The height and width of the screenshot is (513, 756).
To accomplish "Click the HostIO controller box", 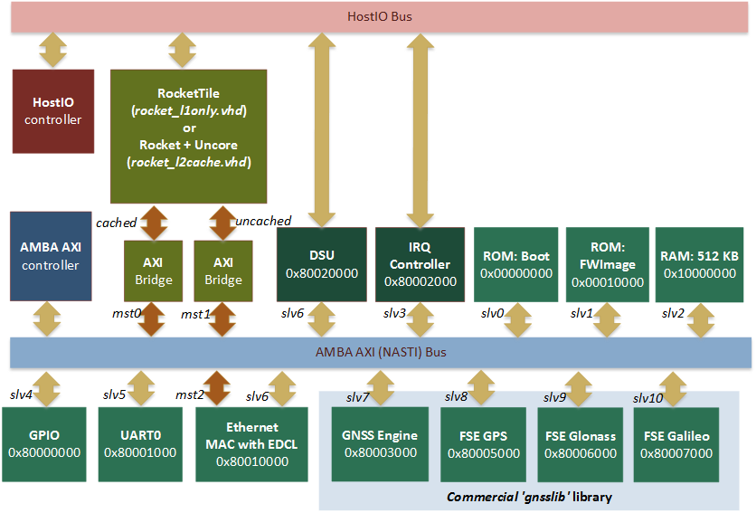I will point(52,111).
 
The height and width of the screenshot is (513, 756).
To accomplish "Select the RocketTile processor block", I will point(189,136).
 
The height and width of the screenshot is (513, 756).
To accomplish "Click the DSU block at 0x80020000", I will point(322,264).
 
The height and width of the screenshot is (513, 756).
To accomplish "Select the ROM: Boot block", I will point(516,264).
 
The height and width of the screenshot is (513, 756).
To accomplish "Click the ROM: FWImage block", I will point(608,264).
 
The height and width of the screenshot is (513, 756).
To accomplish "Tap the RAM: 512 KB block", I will point(701,264).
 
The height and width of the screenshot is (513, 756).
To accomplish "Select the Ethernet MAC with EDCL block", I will point(252,444).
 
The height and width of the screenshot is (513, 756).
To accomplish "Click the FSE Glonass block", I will point(580,444).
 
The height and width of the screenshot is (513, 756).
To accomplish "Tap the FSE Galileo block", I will point(676,444).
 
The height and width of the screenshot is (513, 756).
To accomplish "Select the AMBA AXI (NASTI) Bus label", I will point(379,352).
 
